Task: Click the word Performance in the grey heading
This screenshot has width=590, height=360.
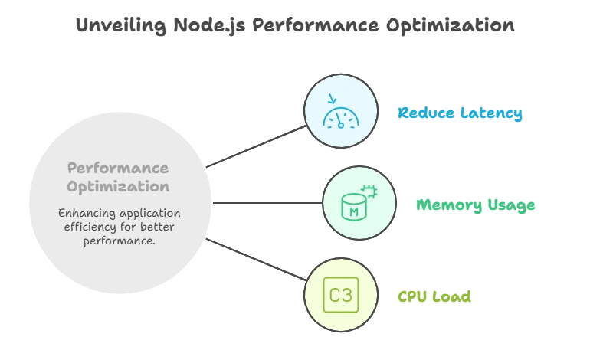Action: pos(118,168)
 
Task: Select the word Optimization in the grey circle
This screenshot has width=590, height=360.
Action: pos(118,186)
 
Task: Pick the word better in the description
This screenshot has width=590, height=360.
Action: pos(156,227)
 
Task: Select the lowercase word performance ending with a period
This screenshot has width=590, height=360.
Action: pos(119,241)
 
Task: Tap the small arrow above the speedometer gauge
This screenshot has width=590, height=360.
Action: pos(331,99)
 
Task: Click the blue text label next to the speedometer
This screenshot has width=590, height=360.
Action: pos(460,113)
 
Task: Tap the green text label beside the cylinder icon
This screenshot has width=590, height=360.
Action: pos(474,205)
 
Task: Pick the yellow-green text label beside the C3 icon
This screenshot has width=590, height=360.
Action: pos(434,296)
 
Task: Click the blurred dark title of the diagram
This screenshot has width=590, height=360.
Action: pos(294,26)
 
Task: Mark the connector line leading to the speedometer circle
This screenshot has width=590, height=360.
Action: pos(257,144)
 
